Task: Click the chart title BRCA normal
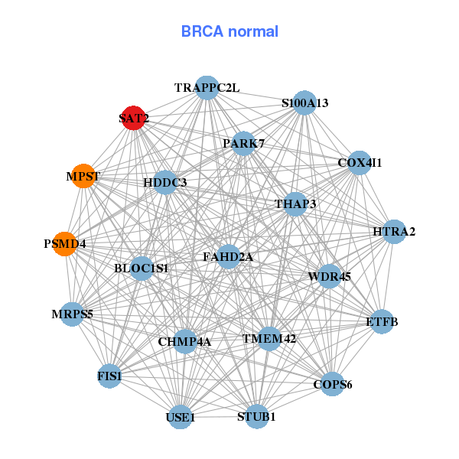[229, 31]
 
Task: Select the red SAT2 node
[134, 118]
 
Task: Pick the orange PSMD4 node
[65, 244]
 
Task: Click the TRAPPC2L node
[207, 88]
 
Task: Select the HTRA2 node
[393, 231]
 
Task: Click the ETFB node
[382, 321]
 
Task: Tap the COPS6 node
[332, 384]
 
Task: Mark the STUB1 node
[256, 417]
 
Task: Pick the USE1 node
[181, 418]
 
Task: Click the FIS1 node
[110, 376]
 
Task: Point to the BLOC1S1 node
[142, 269]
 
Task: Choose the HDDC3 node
[165, 183]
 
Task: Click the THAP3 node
[295, 203]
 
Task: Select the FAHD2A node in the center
[228, 257]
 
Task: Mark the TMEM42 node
[269, 337]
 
